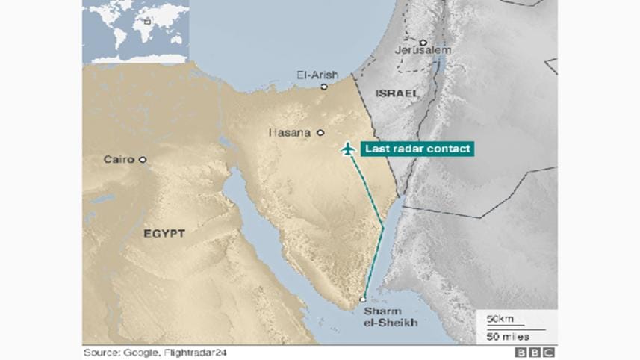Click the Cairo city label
coord(119,160)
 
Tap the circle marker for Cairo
coord(143,159)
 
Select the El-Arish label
coord(317,75)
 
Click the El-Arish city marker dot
coord(324,87)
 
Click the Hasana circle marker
coord(320,133)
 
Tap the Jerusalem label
coord(424,50)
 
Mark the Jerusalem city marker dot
coord(423,42)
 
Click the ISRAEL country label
coord(397,93)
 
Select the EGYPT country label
coord(164,234)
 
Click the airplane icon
coord(347,149)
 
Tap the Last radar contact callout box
coord(417,149)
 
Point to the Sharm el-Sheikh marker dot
coord(363,300)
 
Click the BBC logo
coord(534,353)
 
